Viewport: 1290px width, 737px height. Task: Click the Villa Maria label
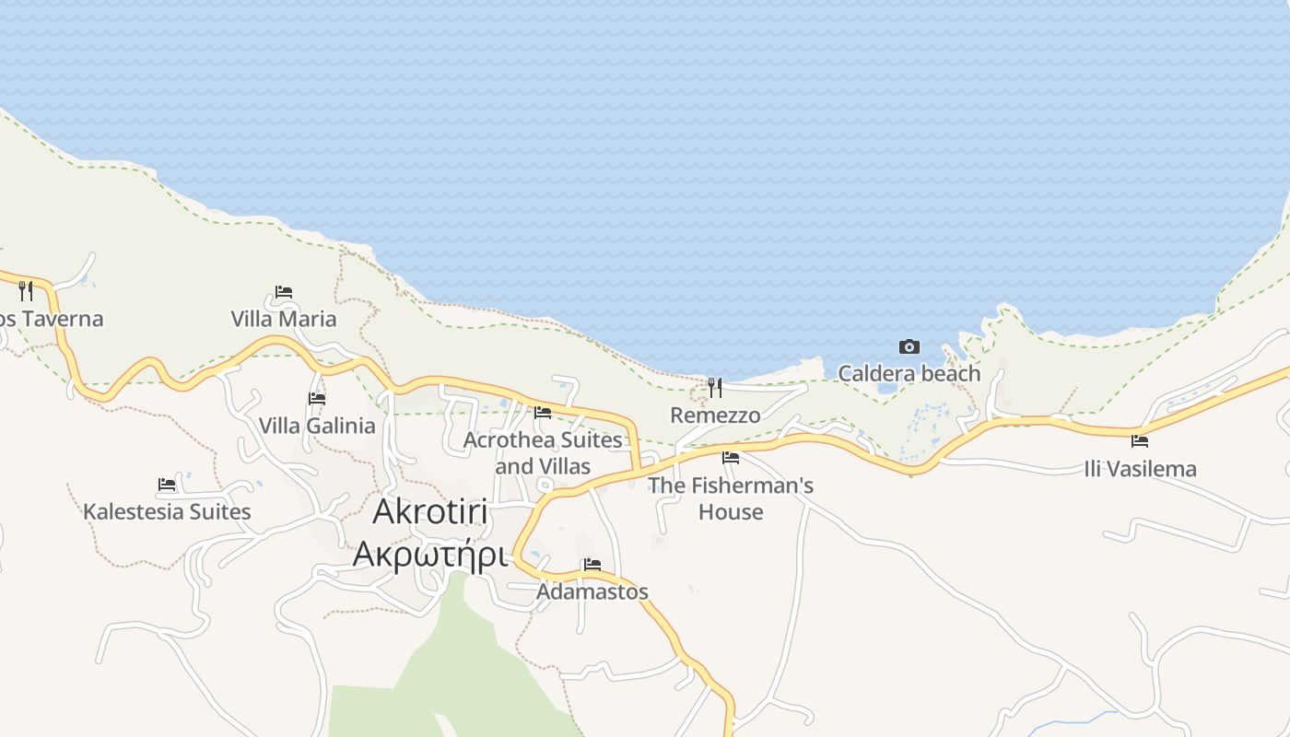click(283, 319)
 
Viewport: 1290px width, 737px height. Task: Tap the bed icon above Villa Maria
click(284, 292)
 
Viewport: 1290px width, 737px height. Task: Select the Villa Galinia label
click(317, 426)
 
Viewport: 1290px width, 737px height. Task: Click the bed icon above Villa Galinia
click(317, 399)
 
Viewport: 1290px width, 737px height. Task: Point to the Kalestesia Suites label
click(167, 511)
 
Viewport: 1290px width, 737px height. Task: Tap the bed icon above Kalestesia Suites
click(167, 484)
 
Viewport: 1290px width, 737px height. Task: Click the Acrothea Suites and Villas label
click(543, 452)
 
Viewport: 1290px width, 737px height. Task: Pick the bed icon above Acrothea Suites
click(543, 412)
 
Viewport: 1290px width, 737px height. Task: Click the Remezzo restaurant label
click(715, 415)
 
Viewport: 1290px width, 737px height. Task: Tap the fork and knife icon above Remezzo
click(715, 388)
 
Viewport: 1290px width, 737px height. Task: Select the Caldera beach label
click(909, 373)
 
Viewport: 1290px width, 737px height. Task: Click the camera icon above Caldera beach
click(909, 346)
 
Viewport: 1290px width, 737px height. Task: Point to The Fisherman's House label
click(731, 497)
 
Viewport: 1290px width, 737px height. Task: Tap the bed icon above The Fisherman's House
click(731, 457)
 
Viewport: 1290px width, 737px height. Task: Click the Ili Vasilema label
click(1140, 468)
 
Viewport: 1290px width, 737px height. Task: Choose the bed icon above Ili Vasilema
click(1140, 440)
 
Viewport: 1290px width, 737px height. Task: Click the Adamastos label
click(592, 591)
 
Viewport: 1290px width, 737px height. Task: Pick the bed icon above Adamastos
click(592, 564)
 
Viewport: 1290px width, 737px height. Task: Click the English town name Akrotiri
click(430, 513)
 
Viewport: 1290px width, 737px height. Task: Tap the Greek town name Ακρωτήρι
click(430, 555)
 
